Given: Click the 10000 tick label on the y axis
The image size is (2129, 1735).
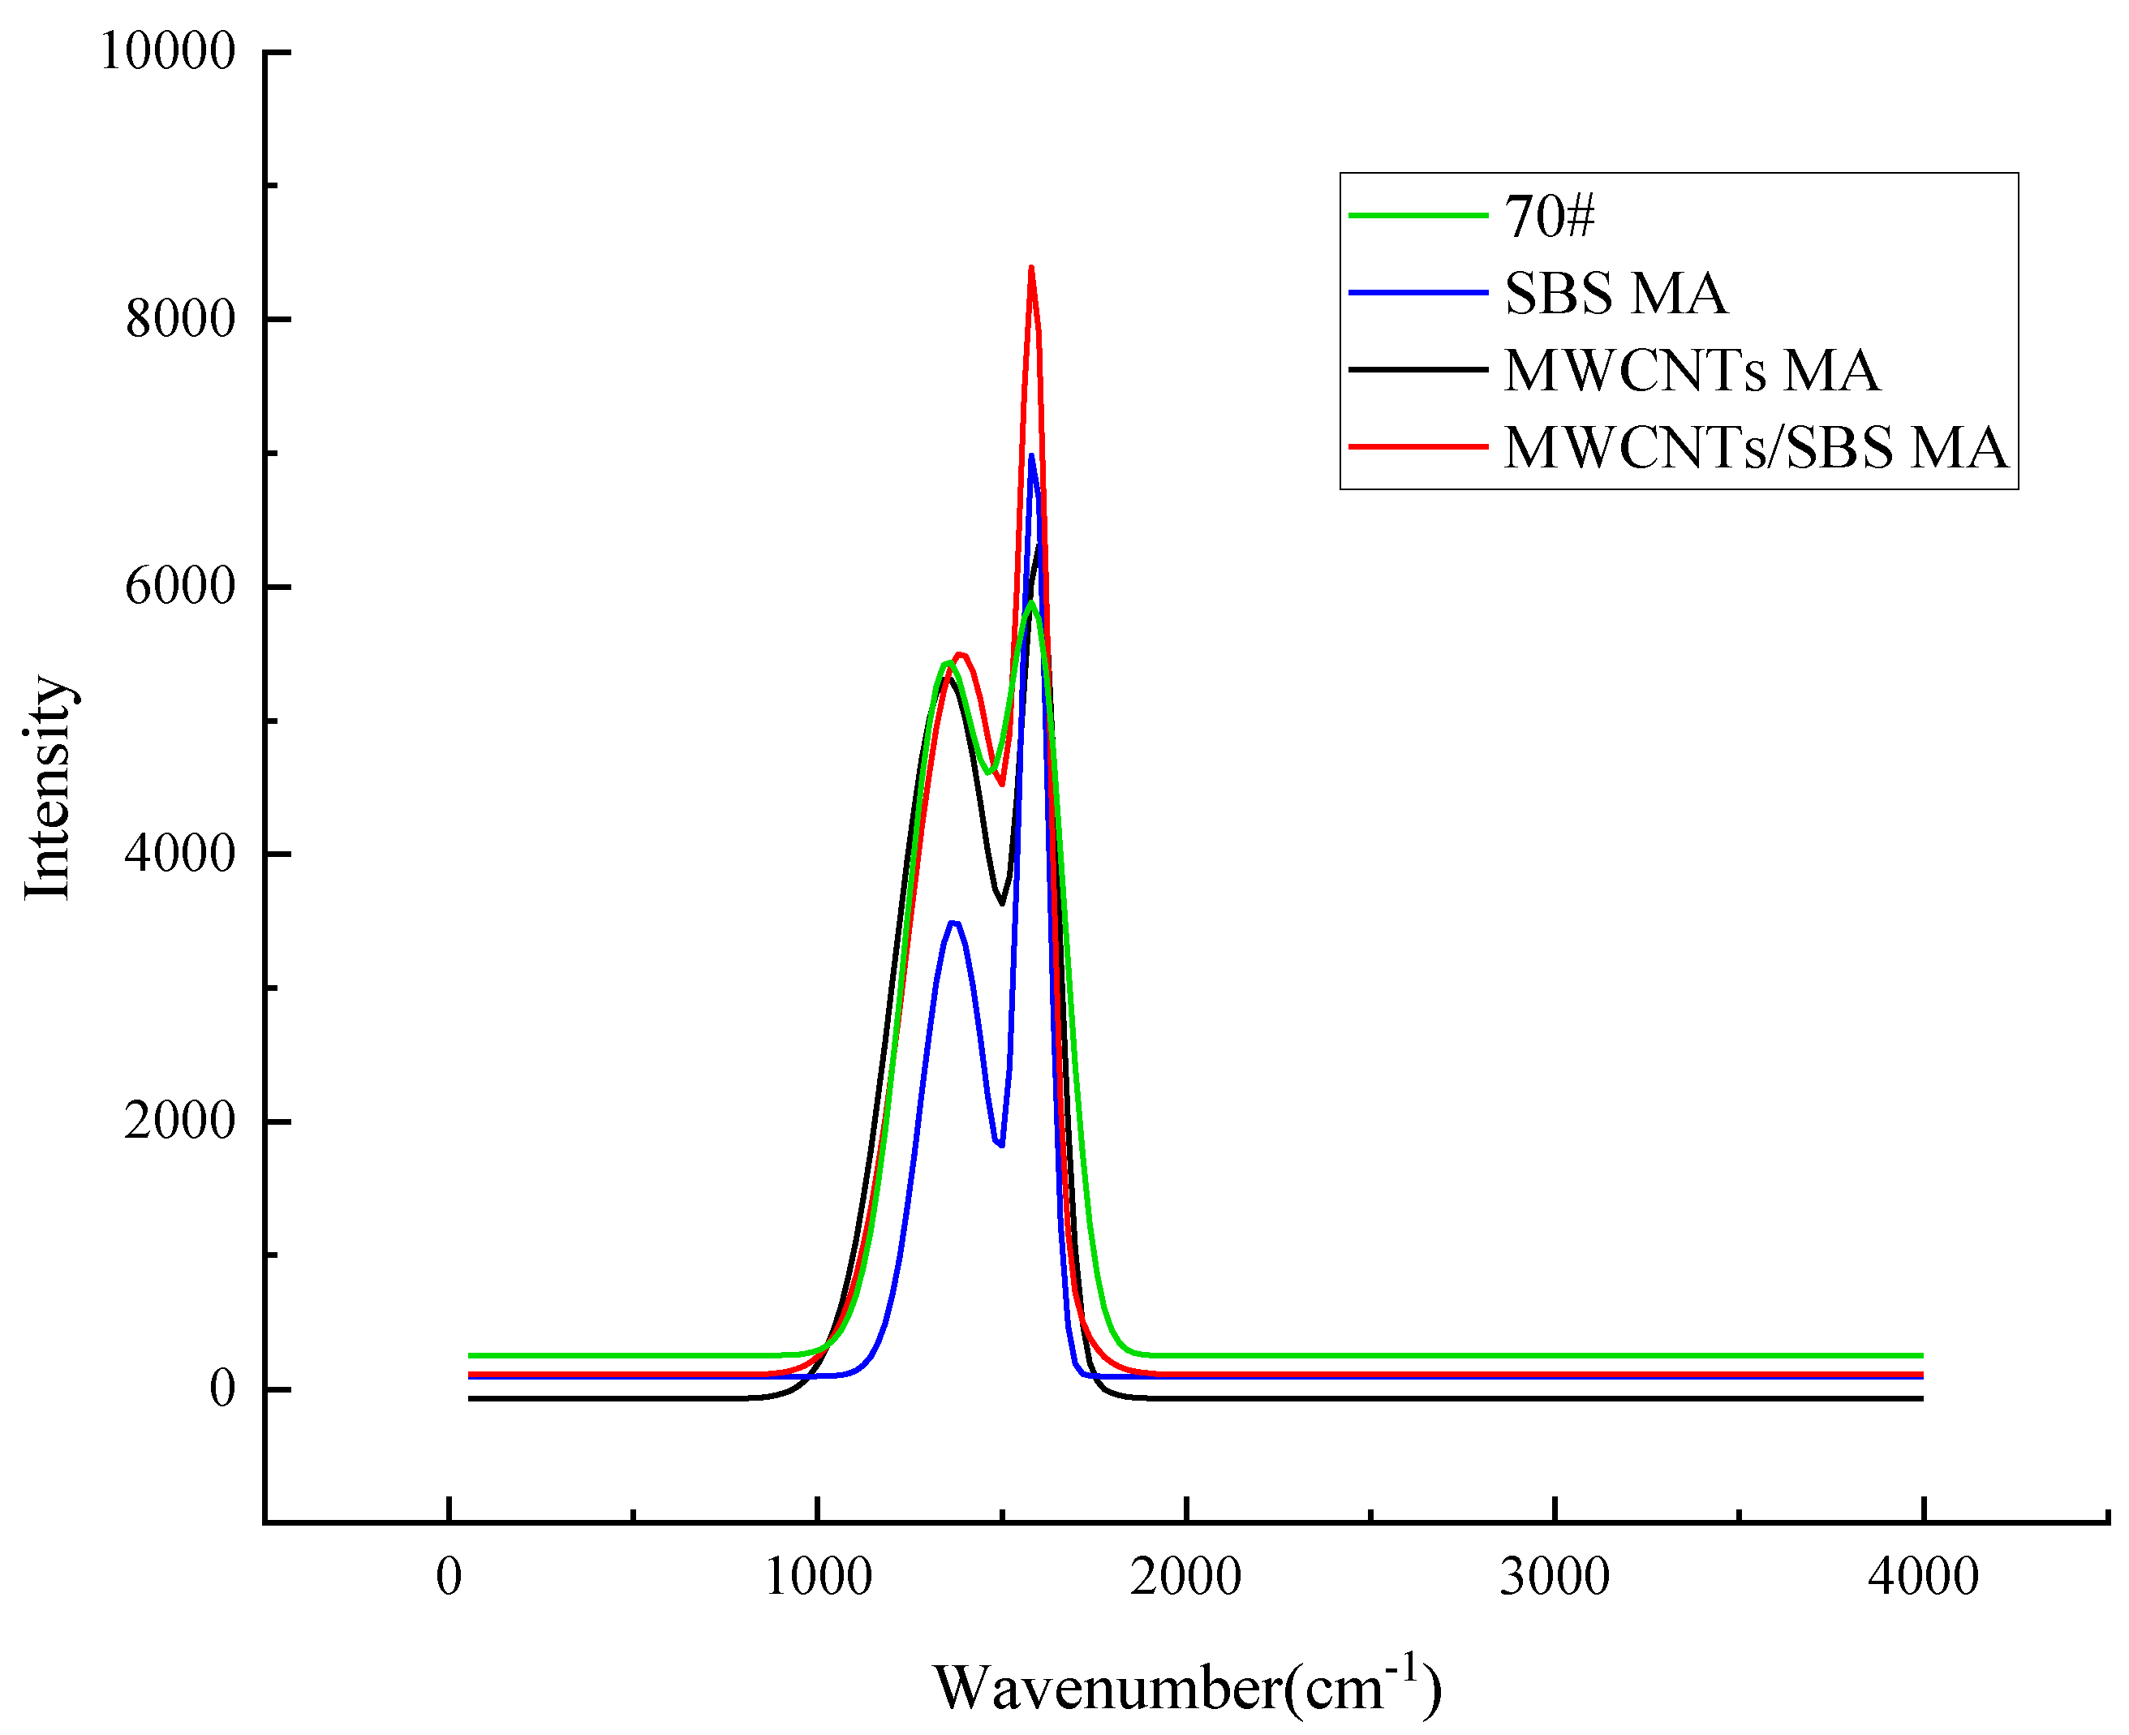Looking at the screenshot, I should pyautogui.click(x=168, y=51).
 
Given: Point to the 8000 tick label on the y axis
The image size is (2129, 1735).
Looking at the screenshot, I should pyautogui.click(x=180, y=319).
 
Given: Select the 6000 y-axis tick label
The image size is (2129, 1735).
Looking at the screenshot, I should pyautogui.click(x=180, y=586).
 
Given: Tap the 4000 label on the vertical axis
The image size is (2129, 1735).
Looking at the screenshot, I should pyautogui.click(x=180, y=854).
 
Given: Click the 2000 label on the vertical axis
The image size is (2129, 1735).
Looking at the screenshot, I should pyautogui.click(x=180, y=1121).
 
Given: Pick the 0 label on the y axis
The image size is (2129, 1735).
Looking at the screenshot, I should pyautogui.click(x=222, y=1388).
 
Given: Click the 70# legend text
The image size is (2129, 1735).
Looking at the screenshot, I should pyautogui.click(x=1550, y=216).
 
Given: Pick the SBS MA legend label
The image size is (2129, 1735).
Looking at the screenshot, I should pyautogui.click(x=1615, y=294).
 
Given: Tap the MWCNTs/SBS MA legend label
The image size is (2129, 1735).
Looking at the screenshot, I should pyautogui.click(x=1755, y=448).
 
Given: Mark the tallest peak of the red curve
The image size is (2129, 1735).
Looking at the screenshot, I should pyautogui.click(x=1030, y=268).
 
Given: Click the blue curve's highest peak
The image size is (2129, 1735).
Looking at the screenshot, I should pyautogui.click(x=1030, y=456).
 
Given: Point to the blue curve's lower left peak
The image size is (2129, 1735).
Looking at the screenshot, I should pyautogui.click(x=954, y=922).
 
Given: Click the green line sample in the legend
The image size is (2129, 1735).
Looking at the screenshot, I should pyautogui.click(x=1417, y=215).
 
